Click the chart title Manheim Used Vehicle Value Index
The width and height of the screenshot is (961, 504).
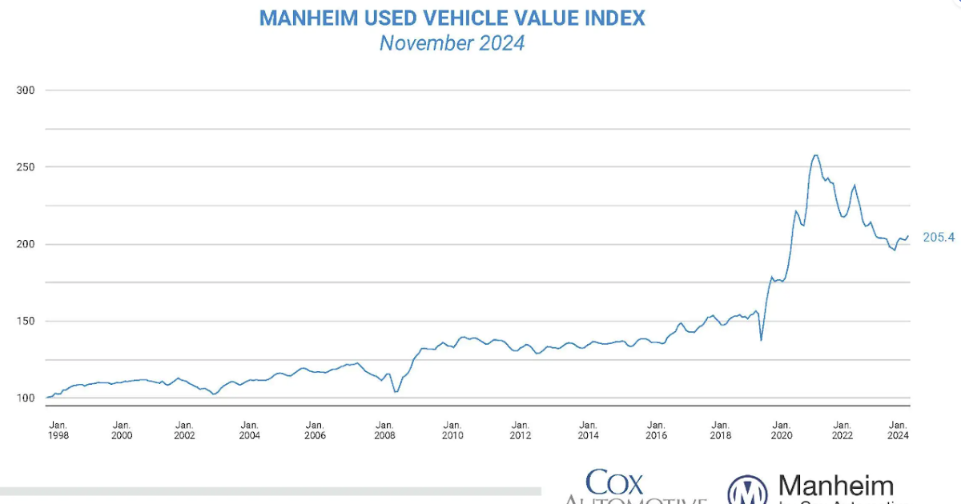452,17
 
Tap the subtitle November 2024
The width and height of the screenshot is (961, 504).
452,43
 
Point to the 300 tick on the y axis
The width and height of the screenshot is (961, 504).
26,90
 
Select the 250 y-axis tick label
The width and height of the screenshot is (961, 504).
26,167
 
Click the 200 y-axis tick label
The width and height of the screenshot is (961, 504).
26,244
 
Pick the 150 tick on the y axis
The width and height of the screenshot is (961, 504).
26,321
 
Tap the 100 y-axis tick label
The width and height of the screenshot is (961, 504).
26,398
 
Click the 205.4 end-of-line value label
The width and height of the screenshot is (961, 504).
939,238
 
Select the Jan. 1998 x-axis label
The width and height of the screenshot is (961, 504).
58,430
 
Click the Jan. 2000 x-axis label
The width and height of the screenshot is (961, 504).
122,430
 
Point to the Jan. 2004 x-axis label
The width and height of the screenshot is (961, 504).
249,430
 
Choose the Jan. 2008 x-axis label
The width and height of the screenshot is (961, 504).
384,430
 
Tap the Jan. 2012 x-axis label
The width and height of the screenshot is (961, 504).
521,430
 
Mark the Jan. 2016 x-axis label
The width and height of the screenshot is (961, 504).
656,430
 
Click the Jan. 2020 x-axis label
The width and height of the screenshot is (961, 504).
782,430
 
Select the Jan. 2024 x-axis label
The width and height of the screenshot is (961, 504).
899,430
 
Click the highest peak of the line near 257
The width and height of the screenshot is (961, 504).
815,155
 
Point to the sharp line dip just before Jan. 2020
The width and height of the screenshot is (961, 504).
761,340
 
